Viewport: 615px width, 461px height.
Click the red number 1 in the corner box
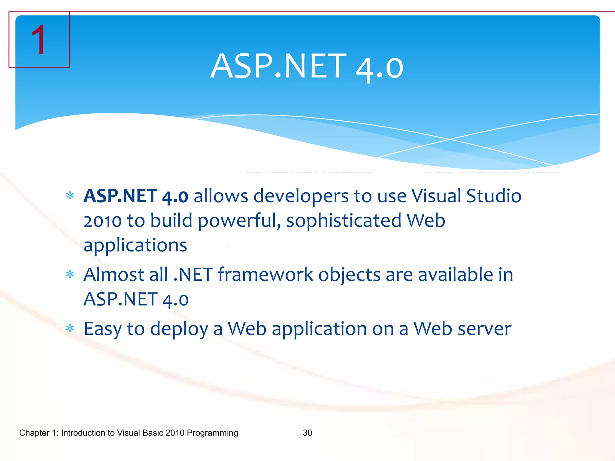click(38, 40)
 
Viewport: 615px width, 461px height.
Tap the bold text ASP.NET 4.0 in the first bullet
click(136, 196)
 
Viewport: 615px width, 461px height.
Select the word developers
click(301, 197)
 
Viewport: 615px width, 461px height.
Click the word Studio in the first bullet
click(494, 196)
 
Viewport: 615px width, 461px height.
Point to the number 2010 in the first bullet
click(102, 221)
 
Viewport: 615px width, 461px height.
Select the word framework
click(265, 275)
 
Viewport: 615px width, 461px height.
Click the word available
click(455, 275)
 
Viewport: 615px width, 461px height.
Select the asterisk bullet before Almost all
click(70, 274)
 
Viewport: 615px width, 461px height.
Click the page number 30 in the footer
click(307, 433)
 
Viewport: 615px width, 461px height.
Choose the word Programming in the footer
click(212, 433)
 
